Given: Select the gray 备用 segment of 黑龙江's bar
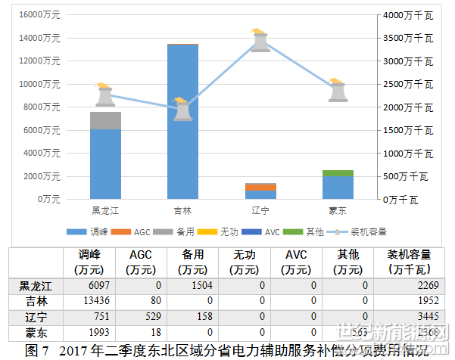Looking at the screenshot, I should click(x=105, y=120).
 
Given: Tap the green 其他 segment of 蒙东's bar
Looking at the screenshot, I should click(x=338, y=173).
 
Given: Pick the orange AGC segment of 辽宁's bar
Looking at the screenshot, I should click(x=260, y=186).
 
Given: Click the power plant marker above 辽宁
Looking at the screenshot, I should click(x=260, y=40).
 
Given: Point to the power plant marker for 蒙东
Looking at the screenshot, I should click(x=338, y=91).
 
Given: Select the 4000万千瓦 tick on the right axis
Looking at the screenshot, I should click(x=407, y=14).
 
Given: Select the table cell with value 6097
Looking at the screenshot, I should click(x=98, y=285).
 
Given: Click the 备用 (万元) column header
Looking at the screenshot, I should click(x=193, y=262).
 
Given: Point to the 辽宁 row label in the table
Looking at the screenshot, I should click(x=34, y=315).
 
